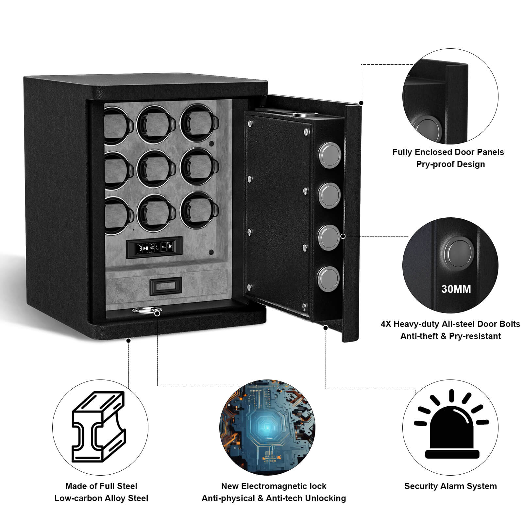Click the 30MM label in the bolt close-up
[x=456, y=289]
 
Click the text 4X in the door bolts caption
[x=386, y=324]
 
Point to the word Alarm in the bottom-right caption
[x=455, y=486]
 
